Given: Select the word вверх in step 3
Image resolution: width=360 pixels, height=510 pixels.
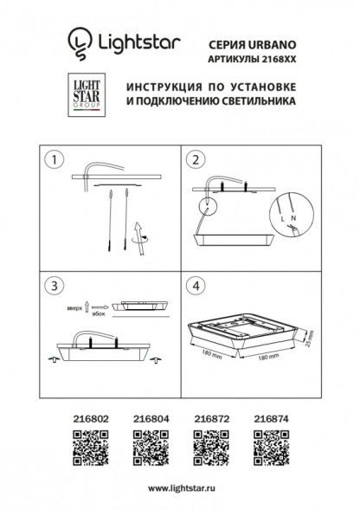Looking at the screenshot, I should point(74,307).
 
